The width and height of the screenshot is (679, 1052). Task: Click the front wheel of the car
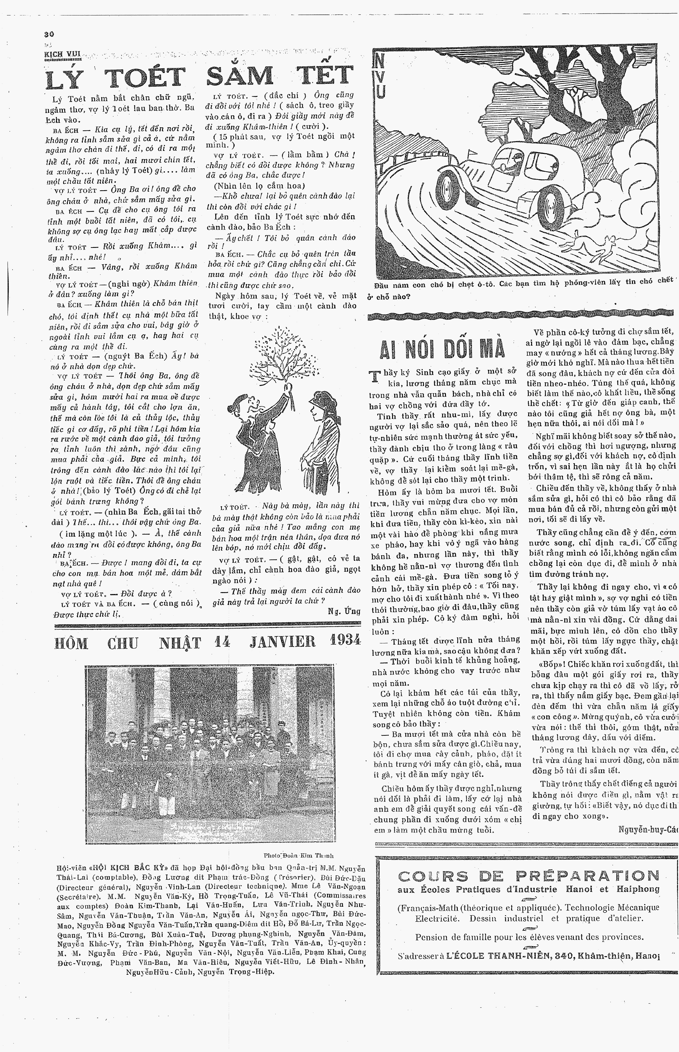(x=552, y=204)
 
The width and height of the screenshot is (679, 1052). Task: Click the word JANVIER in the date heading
(x=283, y=641)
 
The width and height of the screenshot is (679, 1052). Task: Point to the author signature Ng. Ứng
(x=344, y=611)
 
